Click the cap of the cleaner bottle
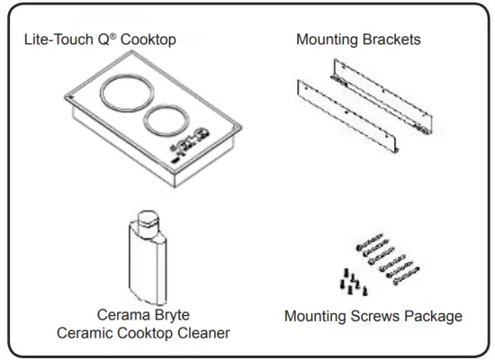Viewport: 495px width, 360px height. pyautogui.click(x=146, y=220)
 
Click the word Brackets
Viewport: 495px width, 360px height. pyautogui.click(x=392, y=40)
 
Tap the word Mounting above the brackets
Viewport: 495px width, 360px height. pyautogui.click(x=329, y=40)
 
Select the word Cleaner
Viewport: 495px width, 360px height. pyautogui.click(x=203, y=333)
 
